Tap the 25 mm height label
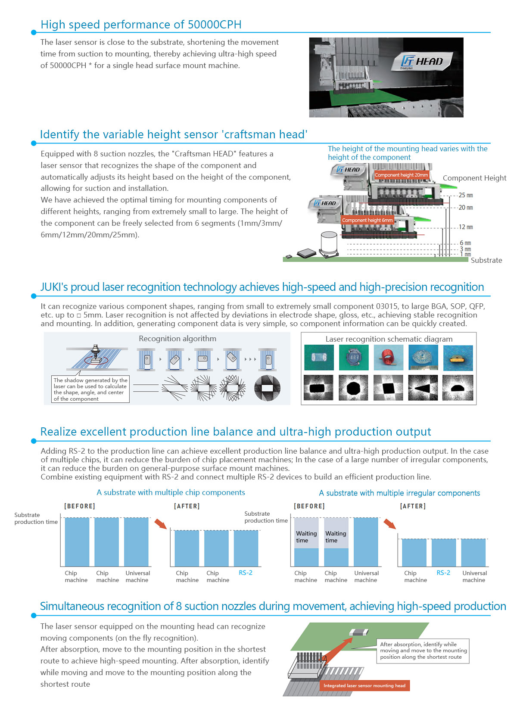point(465,195)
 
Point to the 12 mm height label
point(465,227)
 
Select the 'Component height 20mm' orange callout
point(401,175)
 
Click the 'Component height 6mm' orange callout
point(367,220)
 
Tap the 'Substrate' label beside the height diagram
point(486,260)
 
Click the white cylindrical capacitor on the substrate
point(329,243)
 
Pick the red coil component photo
point(388,358)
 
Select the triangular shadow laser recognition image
point(423,388)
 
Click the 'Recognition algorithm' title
point(178,339)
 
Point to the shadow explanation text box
point(90,389)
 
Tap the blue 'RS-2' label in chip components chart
point(246,573)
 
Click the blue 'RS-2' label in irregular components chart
point(443,573)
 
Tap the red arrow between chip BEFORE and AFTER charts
point(160,524)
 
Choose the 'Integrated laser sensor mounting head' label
point(364,685)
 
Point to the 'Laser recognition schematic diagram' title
point(389,339)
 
